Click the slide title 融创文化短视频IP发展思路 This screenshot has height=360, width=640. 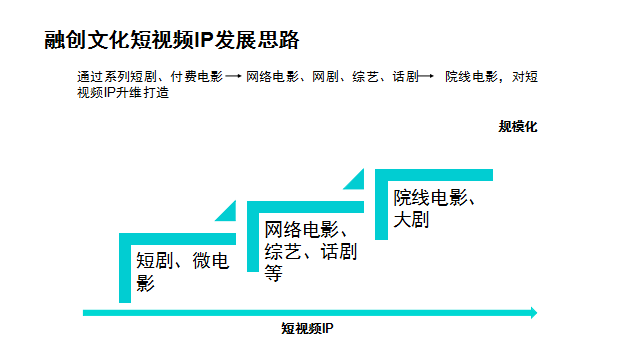point(172,40)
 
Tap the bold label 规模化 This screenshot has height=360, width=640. point(518,127)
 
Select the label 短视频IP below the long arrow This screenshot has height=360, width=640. point(307,328)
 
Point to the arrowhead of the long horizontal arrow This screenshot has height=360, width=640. point(534,313)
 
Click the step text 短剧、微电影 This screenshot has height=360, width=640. point(182,271)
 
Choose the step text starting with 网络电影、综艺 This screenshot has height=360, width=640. point(311,251)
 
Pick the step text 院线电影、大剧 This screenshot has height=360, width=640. point(434,208)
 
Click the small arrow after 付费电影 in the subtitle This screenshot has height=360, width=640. point(233,76)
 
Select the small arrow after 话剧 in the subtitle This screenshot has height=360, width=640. point(426,76)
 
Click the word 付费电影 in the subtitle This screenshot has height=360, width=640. point(197,76)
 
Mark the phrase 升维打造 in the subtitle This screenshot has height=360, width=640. point(142,93)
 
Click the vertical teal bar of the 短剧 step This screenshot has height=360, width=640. point(125,268)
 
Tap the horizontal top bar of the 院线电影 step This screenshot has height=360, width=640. point(434,175)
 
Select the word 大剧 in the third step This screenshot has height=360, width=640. point(411,219)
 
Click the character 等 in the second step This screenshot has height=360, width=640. point(273,273)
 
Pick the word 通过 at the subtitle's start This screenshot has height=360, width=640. point(90,76)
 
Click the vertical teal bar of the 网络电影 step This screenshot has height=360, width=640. point(253,236)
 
